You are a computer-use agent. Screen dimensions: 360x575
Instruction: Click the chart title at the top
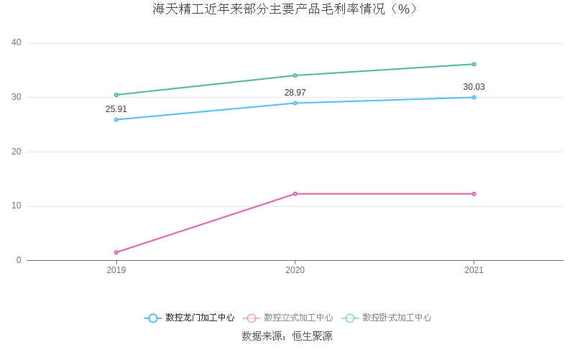[x=287, y=9]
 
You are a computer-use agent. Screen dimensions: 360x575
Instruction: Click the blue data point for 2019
[x=116, y=119]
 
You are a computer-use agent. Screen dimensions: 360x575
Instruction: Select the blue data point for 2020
[x=295, y=103]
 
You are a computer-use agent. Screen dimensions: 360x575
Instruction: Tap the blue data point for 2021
[x=474, y=97]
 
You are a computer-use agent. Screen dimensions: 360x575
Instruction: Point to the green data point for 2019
[x=116, y=95]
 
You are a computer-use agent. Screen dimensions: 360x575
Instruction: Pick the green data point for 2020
[x=295, y=75]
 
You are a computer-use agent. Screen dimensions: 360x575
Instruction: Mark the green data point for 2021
[x=474, y=64]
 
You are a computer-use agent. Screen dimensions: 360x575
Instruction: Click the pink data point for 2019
[x=116, y=252]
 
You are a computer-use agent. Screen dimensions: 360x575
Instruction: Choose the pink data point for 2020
[x=295, y=194]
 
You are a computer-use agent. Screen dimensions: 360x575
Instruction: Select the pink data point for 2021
[x=474, y=194]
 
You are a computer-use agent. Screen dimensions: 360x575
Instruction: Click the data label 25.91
[x=116, y=109]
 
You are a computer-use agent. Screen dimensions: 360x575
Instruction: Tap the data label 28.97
[x=295, y=93]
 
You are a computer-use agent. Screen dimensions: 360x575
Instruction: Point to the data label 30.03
[x=474, y=87]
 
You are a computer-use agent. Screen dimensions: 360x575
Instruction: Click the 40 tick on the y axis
[x=17, y=43]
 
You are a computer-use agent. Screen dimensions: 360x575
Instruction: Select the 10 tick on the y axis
[x=17, y=206]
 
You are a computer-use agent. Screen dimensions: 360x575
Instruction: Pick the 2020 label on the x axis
[x=295, y=270]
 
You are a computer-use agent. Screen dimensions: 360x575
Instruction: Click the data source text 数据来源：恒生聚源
[x=287, y=336]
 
